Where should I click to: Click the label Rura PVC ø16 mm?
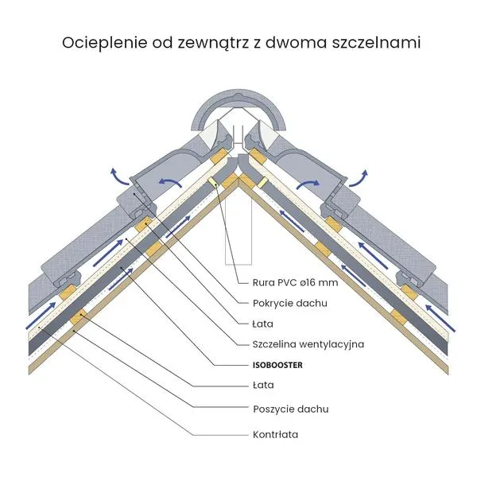[x=295, y=282]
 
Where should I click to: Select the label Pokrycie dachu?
[x=290, y=304]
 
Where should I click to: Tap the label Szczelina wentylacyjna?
[x=308, y=344]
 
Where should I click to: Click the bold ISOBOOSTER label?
[x=277, y=365]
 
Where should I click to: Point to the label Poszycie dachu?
[x=291, y=409]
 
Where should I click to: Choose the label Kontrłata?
[x=275, y=434]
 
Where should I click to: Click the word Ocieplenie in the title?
[x=105, y=43]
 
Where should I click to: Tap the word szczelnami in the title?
[x=376, y=43]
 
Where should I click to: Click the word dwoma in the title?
[x=296, y=43]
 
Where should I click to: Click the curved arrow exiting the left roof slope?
[x=119, y=177]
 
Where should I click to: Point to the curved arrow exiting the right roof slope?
[x=359, y=178]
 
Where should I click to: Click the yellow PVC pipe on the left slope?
[x=213, y=183]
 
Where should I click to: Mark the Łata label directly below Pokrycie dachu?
[x=263, y=324]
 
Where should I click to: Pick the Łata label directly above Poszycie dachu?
[x=263, y=385]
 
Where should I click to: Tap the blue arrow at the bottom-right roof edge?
[x=440, y=318]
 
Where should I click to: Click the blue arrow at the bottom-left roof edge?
[x=41, y=316]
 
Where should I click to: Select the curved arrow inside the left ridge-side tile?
[x=170, y=183]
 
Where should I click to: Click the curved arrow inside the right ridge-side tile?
[x=308, y=184]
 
